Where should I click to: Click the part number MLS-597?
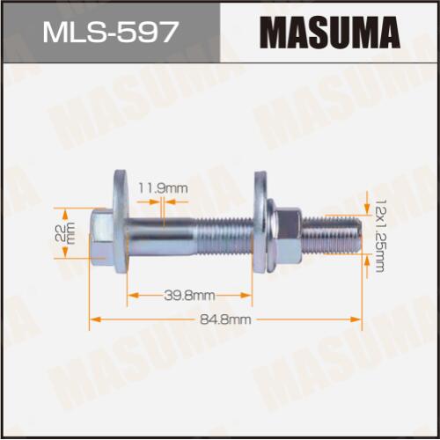click(111, 32)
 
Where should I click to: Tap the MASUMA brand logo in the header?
click(330, 33)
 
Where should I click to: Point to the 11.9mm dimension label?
click(163, 188)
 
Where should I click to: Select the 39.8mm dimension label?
click(189, 296)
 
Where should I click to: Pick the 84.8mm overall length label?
click(225, 319)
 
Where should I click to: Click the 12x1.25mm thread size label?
click(380, 236)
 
